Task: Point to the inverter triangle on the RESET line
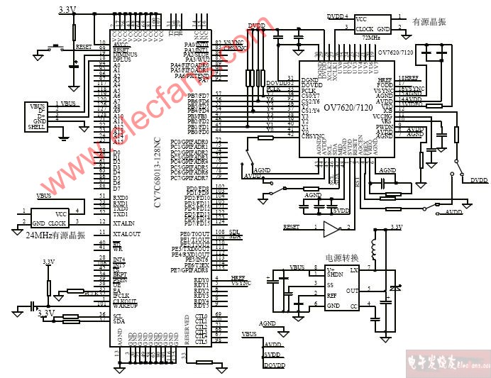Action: coord(331,228)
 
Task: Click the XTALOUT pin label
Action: coord(127,233)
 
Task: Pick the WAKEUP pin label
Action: coord(125,306)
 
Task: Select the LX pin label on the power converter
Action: coord(354,270)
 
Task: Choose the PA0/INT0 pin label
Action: coord(197,45)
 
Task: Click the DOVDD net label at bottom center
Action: coord(274,365)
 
